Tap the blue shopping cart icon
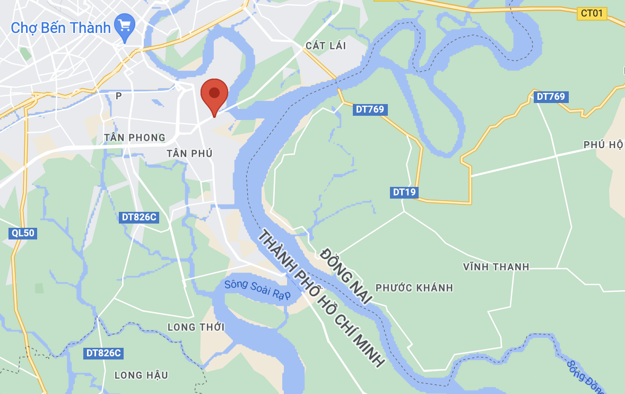pos(125,27)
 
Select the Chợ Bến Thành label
pos(60,27)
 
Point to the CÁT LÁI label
pos(326,46)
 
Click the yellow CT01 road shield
pos(592,13)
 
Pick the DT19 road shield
pos(404,192)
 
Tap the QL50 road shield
pos(22,233)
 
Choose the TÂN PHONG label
pos(135,138)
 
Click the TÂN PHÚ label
pos(189,153)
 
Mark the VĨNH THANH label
pos(496,267)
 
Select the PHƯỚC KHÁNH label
pos(414,288)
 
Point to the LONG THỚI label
pos(196,327)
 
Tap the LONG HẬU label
pos(141,375)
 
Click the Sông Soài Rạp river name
pos(257,290)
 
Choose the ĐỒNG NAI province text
pos(346,276)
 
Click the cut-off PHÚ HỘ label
pos(603,145)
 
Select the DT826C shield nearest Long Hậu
pos(103,353)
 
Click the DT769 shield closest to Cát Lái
pos(370,109)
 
